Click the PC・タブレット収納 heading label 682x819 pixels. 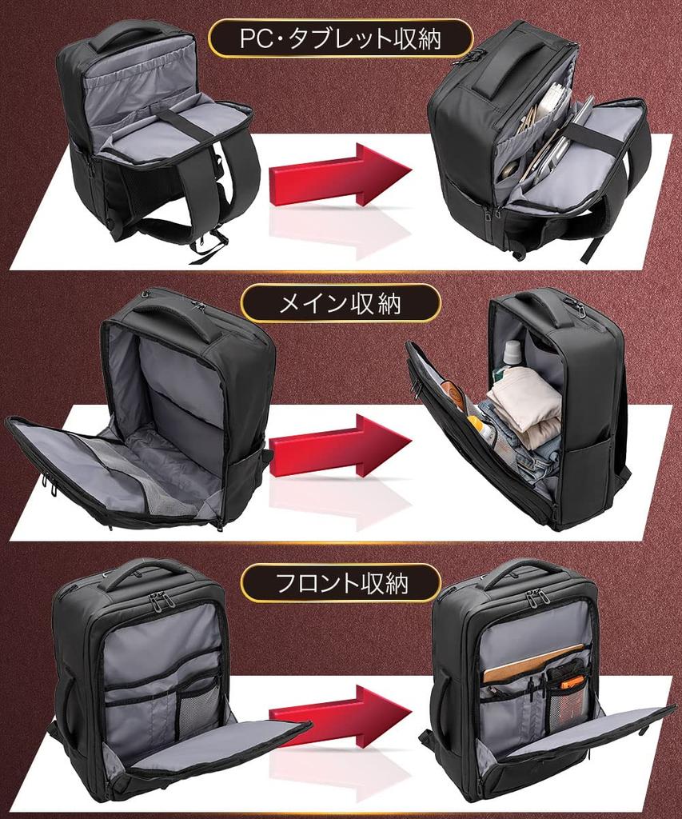(x=341, y=38)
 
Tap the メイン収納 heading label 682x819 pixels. (x=341, y=304)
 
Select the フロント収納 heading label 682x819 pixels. (x=341, y=582)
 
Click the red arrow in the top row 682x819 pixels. (x=340, y=175)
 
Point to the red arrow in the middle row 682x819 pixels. (x=340, y=446)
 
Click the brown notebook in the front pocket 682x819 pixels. (x=532, y=662)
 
